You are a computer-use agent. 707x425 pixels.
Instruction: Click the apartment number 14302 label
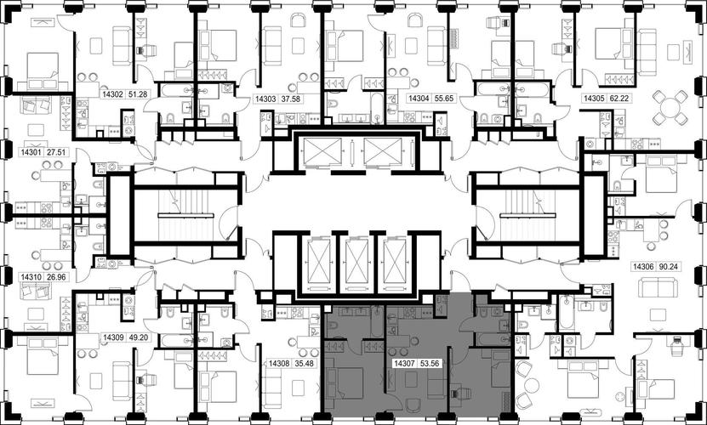pyautogui.click(x=112, y=94)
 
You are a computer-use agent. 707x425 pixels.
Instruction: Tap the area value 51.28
pyautogui.click(x=138, y=94)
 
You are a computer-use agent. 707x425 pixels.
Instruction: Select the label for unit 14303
pyautogui.click(x=265, y=99)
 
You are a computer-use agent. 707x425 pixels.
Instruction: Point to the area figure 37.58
pyautogui.click(x=290, y=99)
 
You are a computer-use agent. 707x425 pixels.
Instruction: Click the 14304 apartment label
pyautogui.click(x=419, y=99)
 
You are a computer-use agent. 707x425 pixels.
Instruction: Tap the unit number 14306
pyautogui.click(x=643, y=266)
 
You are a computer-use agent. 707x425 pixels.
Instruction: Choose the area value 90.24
pyautogui.click(x=668, y=266)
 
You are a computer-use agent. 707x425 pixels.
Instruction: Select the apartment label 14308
pyautogui.click(x=279, y=363)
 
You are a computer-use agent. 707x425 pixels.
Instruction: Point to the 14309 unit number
pyautogui.click(x=113, y=337)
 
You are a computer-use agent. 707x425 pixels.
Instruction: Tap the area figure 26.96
pyautogui.click(x=56, y=276)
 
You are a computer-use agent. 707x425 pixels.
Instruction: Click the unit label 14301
pyautogui.click(x=31, y=152)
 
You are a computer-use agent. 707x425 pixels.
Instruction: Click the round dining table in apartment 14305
pyautogui.click(x=670, y=108)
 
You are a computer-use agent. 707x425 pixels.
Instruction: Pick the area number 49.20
pyautogui.click(x=138, y=337)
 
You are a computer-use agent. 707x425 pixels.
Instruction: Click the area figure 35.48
pyautogui.click(x=304, y=363)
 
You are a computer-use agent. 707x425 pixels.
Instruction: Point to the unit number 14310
pyautogui.click(x=31, y=276)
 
